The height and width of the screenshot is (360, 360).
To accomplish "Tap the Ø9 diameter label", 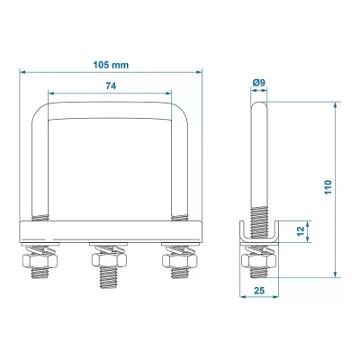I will (x=258, y=83).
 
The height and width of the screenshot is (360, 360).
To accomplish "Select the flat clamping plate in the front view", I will (x=110, y=229).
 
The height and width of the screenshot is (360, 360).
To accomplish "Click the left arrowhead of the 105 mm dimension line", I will (x=20, y=73).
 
